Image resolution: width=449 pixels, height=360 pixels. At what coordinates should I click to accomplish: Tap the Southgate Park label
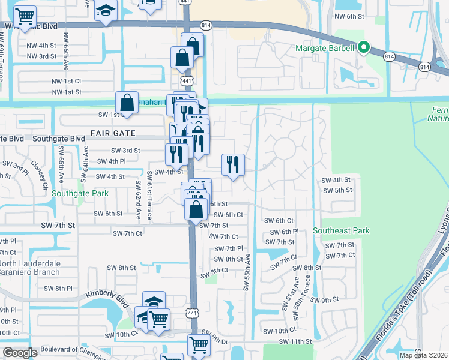(80, 194)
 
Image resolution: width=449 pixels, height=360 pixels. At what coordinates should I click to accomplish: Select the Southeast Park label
(341, 230)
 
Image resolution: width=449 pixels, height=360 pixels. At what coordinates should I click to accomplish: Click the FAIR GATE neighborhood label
(114, 132)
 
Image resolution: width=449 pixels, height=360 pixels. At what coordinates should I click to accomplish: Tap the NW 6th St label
(349, 17)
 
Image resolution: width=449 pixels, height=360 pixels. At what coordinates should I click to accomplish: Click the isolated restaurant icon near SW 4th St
(232, 164)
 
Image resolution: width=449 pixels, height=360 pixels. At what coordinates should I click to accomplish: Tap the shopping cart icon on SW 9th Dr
(198, 344)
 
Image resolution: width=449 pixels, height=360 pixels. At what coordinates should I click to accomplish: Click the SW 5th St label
(337, 190)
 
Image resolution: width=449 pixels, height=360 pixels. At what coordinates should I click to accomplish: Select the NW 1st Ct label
(66, 80)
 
